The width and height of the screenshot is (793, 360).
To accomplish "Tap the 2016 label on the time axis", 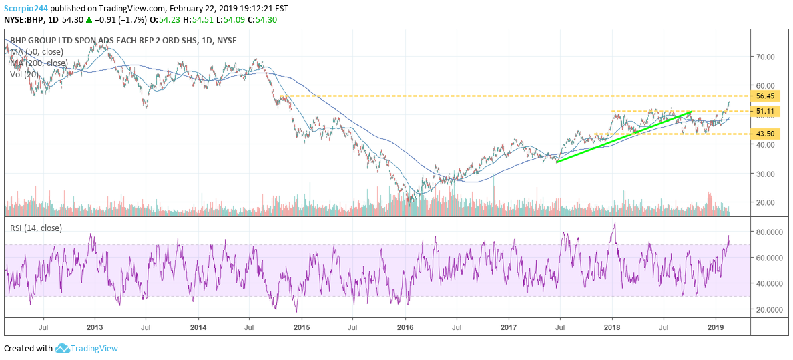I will [405, 328].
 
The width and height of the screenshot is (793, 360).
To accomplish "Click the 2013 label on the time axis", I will [95, 328].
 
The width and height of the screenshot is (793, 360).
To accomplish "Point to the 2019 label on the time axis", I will [716, 328].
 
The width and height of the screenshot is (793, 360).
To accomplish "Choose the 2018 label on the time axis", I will [612, 328].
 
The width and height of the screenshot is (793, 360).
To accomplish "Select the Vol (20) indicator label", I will [24, 74].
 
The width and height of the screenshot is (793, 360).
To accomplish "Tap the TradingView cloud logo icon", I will [62, 348].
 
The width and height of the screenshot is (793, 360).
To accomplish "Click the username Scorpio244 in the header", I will [27, 8].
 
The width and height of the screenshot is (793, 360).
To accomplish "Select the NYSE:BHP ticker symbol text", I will [24, 20].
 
